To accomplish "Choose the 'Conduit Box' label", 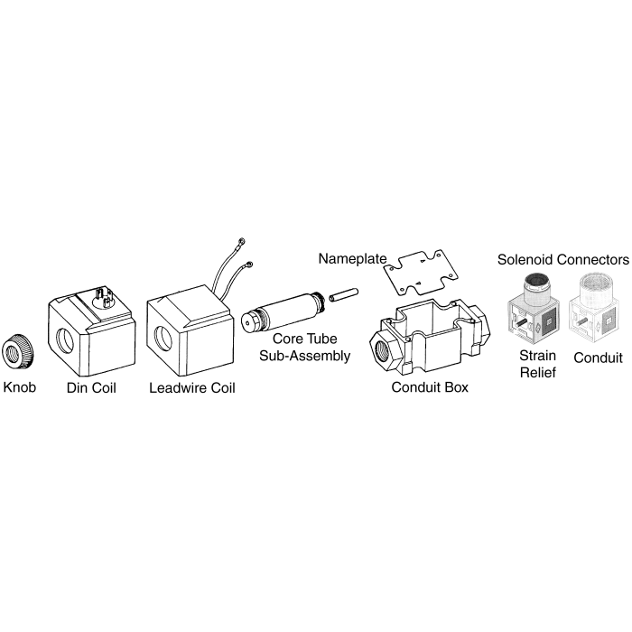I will click(429, 389).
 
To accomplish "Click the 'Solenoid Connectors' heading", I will click(562, 260).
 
